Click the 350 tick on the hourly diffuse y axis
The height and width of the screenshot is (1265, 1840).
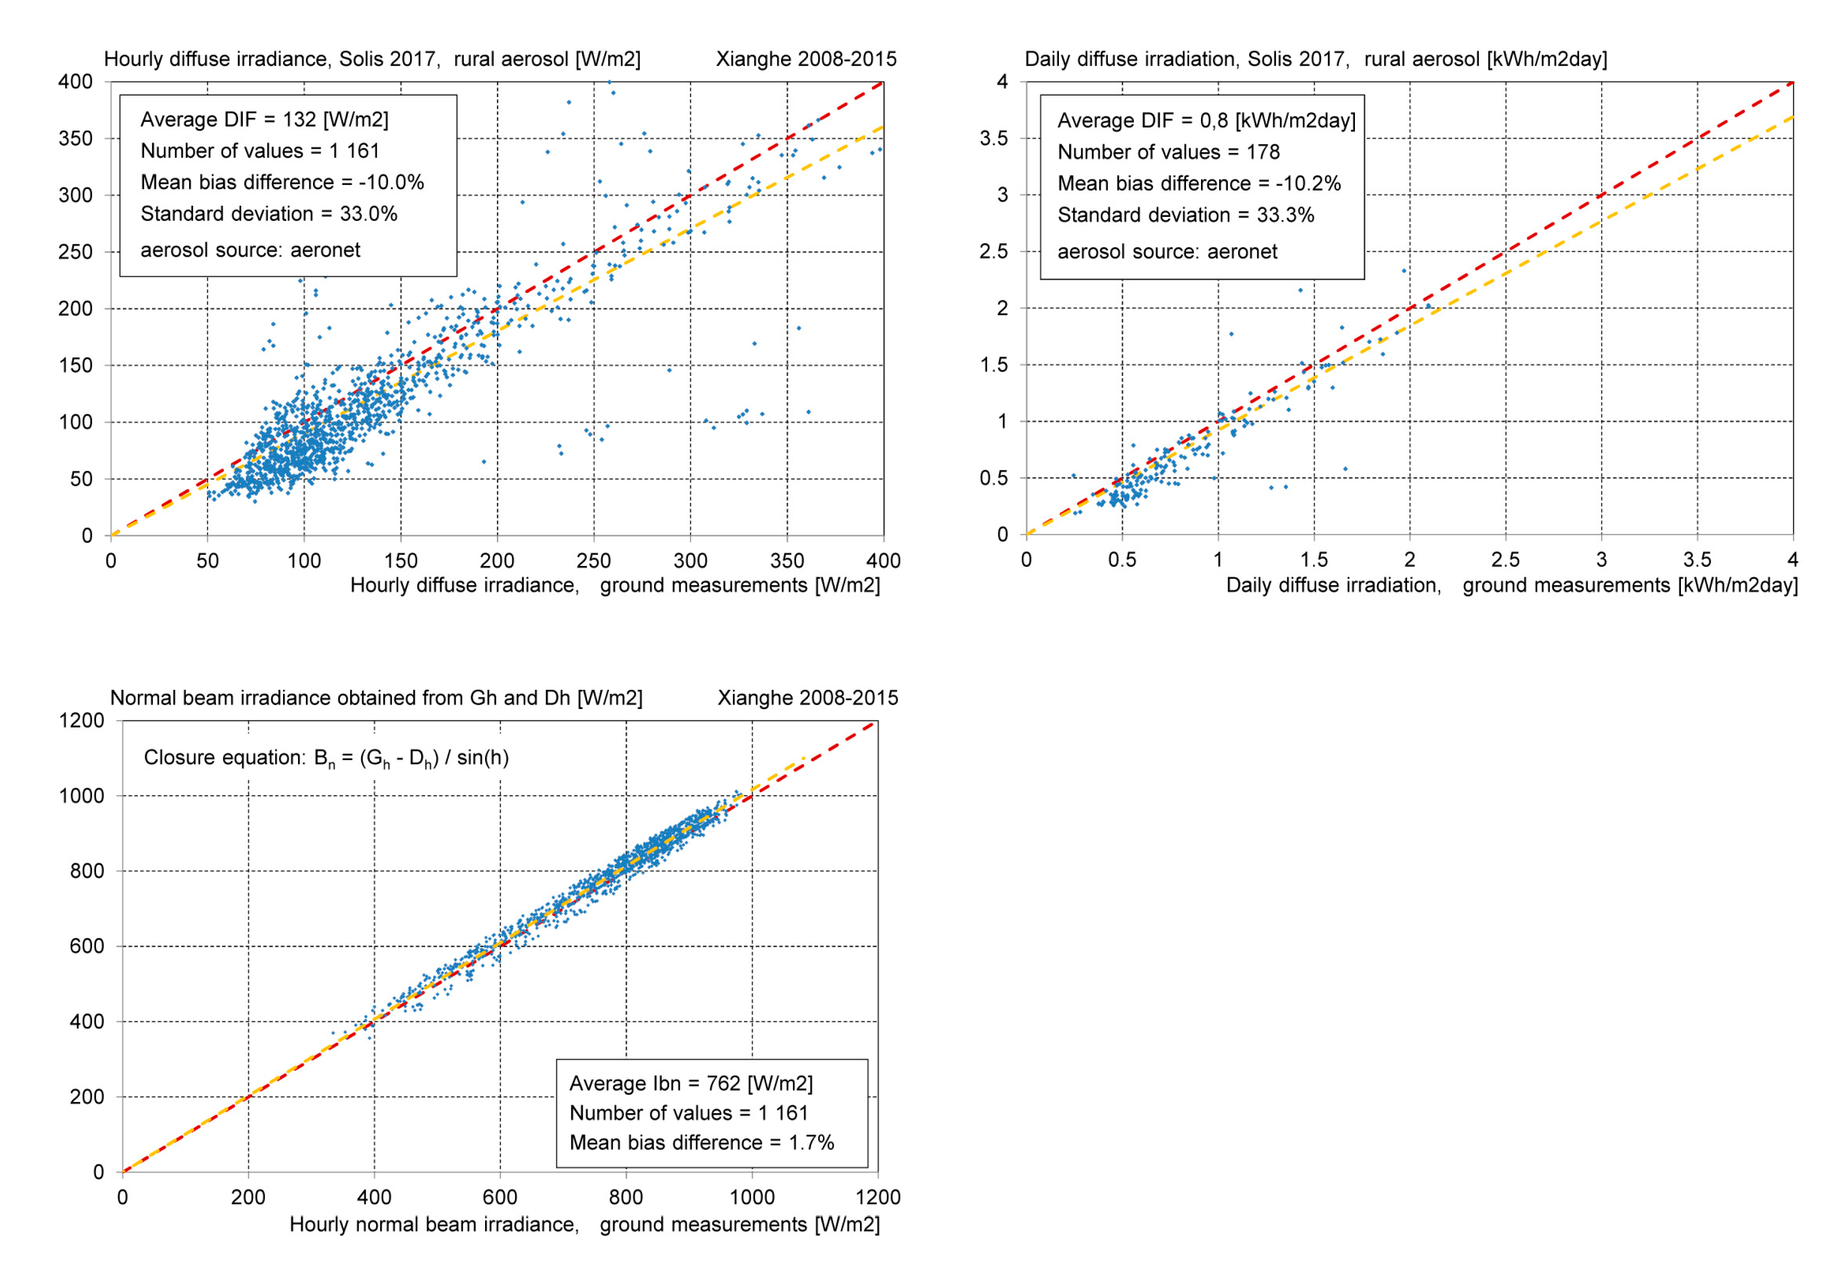(75, 139)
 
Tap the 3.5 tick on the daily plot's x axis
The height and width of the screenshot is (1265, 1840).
(1697, 560)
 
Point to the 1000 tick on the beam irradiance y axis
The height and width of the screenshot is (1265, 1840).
(82, 796)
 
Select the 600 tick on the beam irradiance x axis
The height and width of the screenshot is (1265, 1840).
(500, 1197)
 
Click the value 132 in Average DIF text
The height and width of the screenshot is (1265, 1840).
(300, 120)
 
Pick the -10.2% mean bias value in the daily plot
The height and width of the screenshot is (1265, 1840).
(1308, 184)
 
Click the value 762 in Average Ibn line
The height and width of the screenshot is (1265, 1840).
(723, 1083)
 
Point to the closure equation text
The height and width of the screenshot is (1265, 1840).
(326, 758)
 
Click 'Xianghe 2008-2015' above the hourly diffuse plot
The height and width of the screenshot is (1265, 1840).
(805, 59)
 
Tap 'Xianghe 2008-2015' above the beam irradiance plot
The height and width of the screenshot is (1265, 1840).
(807, 698)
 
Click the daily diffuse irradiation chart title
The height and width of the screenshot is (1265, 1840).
(1315, 59)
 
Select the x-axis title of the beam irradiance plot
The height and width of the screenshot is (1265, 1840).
(584, 1225)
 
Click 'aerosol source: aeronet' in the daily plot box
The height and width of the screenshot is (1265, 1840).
(1167, 252)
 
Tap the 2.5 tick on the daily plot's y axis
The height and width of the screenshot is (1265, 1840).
(993, 252)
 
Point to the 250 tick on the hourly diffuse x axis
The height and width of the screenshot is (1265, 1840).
(594, 561)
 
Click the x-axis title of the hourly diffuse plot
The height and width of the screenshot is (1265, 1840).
(615, 585)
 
